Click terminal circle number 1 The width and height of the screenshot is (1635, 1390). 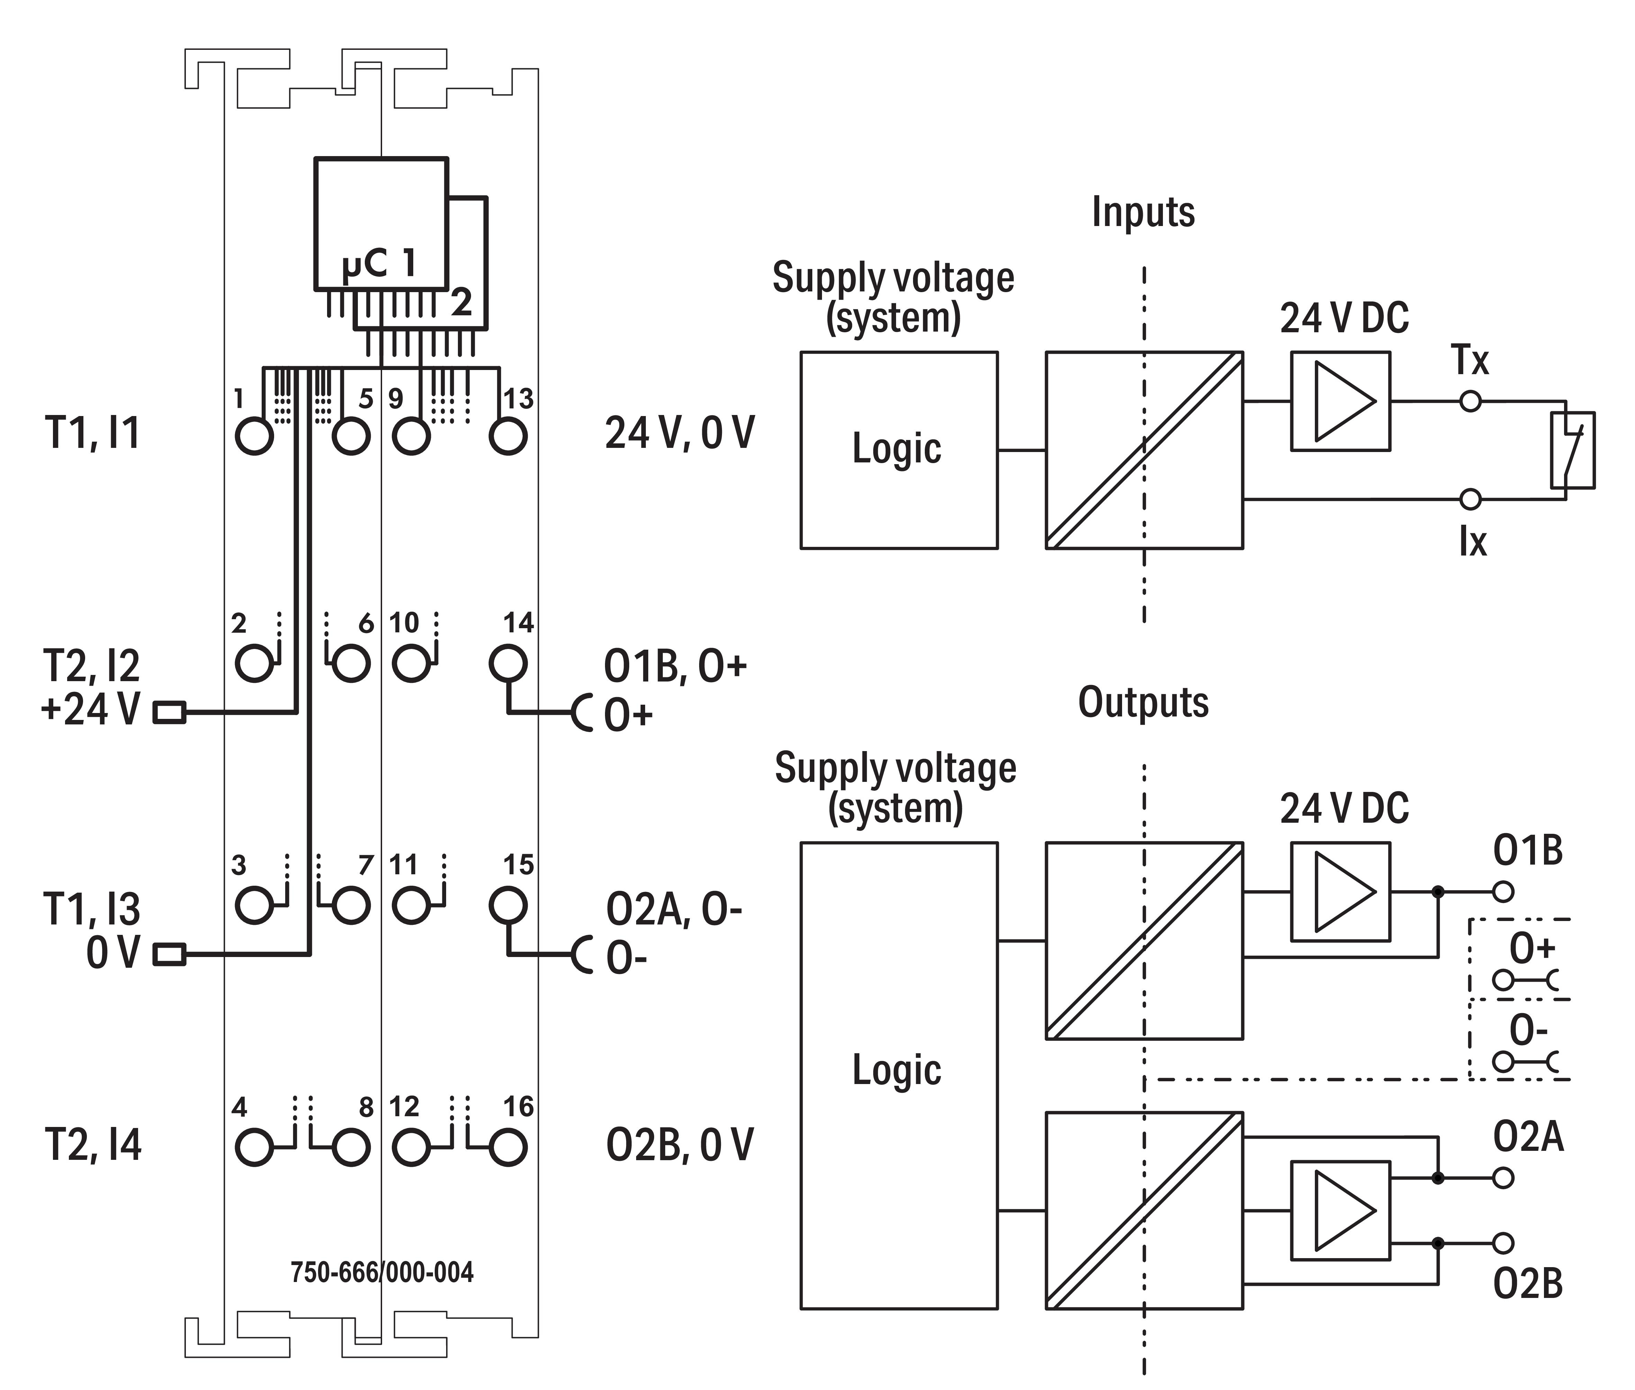click(x=254, y=436)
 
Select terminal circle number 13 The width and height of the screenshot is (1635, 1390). click(x=507, y=436)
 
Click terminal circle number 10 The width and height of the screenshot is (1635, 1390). click(x=410, y=664)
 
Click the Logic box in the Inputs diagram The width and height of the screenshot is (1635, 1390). click(x=899, y=450)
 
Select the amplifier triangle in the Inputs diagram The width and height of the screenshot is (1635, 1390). click(x=1345, y=401)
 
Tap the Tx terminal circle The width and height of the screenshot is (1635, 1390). click(x=1470, y=401)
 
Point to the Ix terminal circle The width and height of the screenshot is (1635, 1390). click(x=1470, y=499)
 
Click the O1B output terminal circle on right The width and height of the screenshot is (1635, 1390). click(x=1503, y=892)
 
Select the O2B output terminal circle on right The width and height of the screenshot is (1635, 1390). click(x=1503, y=1244)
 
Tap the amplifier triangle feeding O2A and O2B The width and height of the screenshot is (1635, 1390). click(x=1345, y=1210)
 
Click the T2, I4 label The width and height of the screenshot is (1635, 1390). click(x=93, y=1145)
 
